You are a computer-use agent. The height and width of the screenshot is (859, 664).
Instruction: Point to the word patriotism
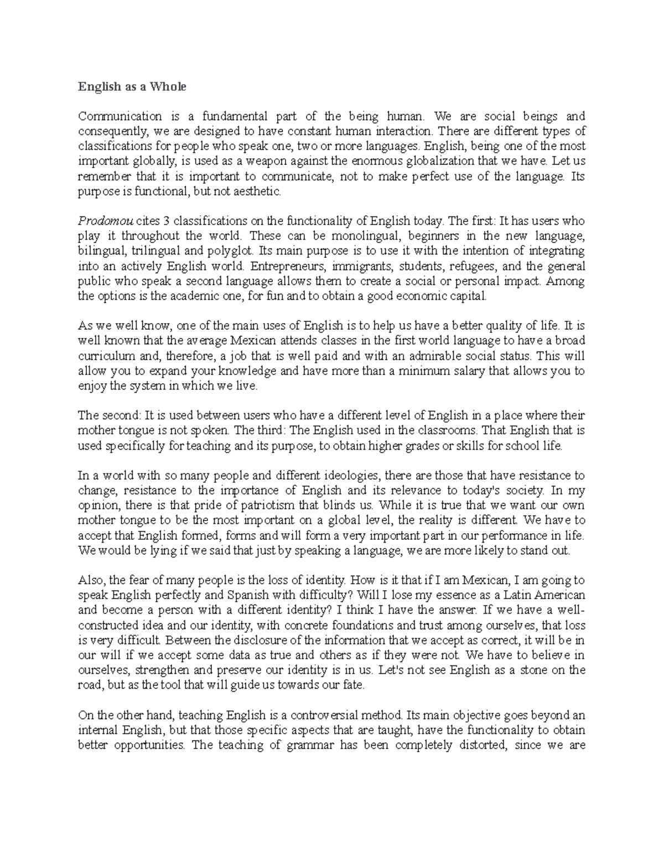pyautogui.click(x=268, y=505)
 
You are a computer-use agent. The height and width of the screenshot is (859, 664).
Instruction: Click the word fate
pyautogui.click(x=354, y=685)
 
